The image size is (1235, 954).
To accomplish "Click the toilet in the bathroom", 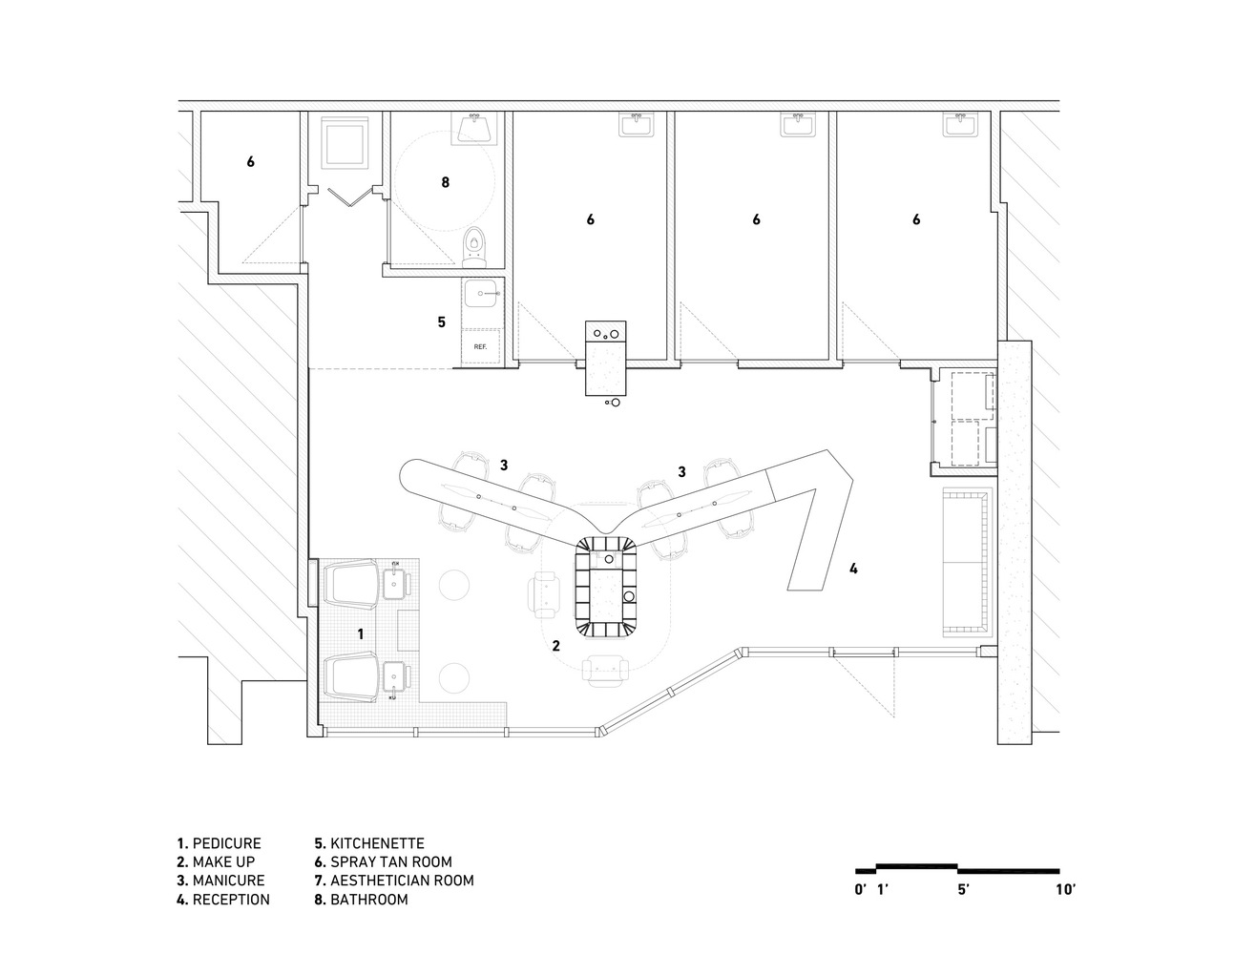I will (x=473, y=247).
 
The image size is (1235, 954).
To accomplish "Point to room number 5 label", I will (x=441, y=322).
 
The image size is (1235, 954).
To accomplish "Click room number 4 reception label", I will (x=853, y=569).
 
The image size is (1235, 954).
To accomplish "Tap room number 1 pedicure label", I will (x=360, y=633).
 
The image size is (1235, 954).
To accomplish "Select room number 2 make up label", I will (x=555, y=645).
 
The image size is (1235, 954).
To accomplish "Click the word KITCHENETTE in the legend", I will (x=377, y=843).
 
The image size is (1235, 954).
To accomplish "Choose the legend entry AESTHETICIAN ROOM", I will (x=402, y=881).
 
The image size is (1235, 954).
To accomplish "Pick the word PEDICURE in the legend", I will (x=226, y=843).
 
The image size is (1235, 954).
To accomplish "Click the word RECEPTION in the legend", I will (x=231, y=900).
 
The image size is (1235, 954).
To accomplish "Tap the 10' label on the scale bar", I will (x=1065, y=890).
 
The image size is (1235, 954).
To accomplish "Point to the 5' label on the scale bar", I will (x=962, y=890).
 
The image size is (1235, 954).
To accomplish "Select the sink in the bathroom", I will (x=474, y=127).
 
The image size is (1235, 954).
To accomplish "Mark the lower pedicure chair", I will (x=351, y=676).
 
